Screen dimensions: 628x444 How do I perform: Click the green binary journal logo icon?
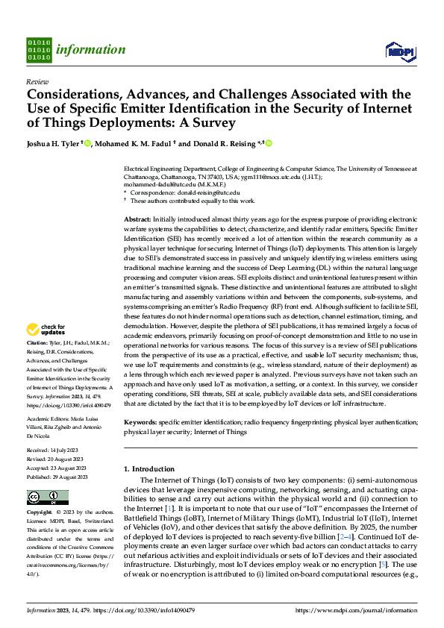[x=39, y=50]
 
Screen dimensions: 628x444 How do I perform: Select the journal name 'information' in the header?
[x=92, y=50]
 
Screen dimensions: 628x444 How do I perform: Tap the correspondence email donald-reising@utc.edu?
[x=210, y=193]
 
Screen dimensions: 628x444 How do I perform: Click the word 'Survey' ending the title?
[x=215, y=122]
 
